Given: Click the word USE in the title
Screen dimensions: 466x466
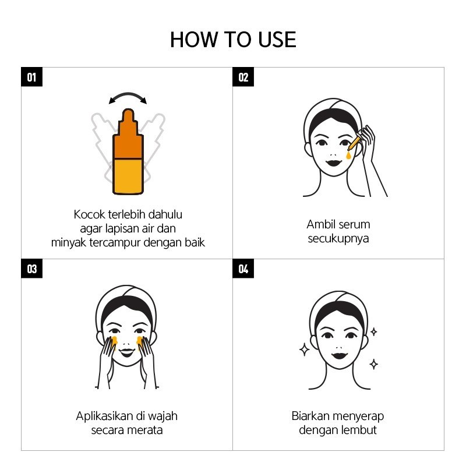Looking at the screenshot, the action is (277, 40).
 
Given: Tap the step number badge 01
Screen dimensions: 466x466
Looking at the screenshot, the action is (32, 77).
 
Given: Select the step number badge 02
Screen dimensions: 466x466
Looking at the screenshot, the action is (243, 77).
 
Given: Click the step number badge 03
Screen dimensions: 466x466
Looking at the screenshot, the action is (32, 269).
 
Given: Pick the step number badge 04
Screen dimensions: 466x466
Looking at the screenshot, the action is (243, 269).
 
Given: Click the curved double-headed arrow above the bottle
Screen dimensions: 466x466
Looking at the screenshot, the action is (128, 94).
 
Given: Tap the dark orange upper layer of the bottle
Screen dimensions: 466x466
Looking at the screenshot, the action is (128, 140).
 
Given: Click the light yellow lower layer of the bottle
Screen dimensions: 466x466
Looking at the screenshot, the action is (128, 176).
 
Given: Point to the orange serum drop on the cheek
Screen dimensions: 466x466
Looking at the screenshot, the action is (348, 155).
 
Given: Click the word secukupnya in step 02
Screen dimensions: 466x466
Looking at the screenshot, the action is (338, 239).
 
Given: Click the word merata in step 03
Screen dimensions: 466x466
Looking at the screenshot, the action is (147, 430).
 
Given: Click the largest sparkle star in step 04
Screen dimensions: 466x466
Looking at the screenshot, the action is (304, 349).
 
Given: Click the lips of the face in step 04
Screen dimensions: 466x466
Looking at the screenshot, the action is (340, 355).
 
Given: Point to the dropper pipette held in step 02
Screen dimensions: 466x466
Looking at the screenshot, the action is (354, 143).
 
